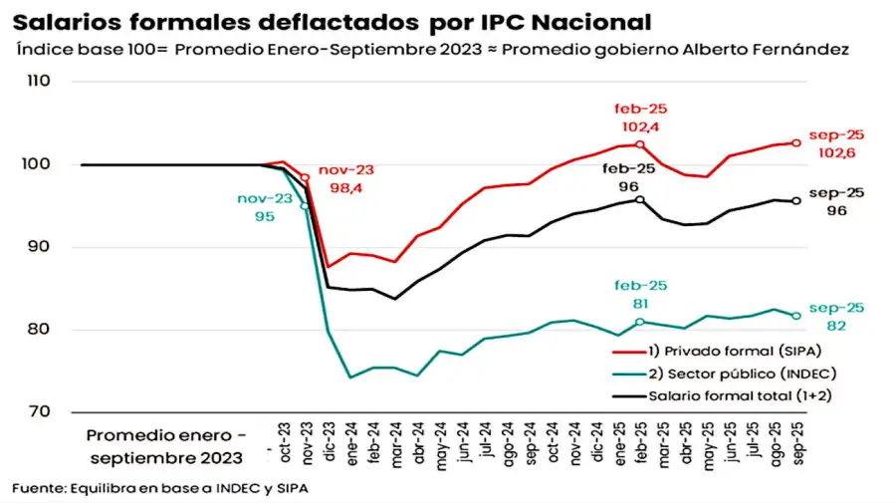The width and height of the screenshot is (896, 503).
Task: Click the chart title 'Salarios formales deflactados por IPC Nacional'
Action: pos(335,21)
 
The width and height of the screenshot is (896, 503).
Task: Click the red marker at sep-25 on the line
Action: pos(796,142)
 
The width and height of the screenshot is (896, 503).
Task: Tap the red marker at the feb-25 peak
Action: pos(640,144)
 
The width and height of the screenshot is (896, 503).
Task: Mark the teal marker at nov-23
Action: pos(305,206)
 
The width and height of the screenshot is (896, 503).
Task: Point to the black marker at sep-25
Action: pos(796,201)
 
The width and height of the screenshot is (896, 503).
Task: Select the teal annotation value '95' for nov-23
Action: pos(264,216)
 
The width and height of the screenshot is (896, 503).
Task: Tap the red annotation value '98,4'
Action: pos(340,189)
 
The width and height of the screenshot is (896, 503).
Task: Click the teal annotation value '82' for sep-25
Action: pos(835,325)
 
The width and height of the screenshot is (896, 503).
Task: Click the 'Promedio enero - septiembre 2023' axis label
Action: pos(165,446)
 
